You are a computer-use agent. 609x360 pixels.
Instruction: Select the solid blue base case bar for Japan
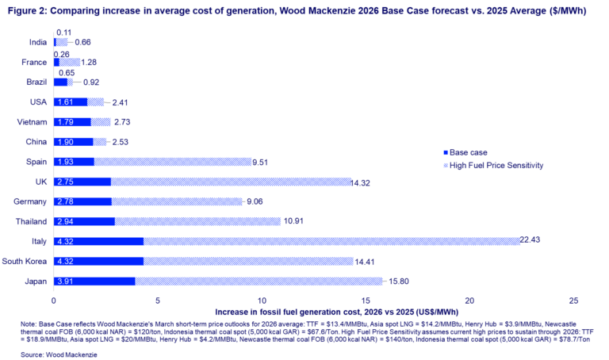(x=94, y=281)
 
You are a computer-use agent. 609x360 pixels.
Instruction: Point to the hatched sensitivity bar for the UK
(x=231, y=182)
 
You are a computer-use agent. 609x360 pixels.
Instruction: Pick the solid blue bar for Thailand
(x=84, y=221)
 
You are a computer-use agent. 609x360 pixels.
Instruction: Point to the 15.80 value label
(x=396, y=280)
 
